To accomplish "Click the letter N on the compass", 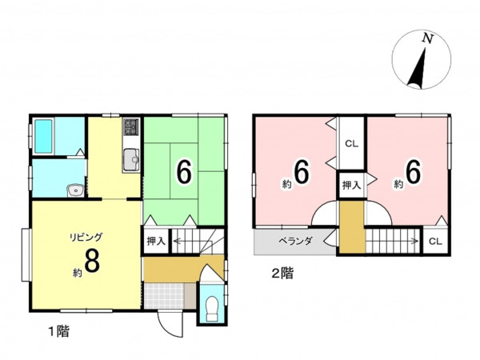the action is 428,38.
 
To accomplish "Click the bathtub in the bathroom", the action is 43,136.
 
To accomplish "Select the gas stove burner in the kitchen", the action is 132,127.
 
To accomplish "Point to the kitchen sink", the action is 132,159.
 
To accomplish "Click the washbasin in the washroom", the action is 75,191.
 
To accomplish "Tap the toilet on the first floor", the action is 212,308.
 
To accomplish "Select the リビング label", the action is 86,237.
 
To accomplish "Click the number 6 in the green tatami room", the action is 185,172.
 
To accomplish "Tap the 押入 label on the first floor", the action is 157,242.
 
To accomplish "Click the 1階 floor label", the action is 59,331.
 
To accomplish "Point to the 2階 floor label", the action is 282,274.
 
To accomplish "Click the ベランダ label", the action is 295,242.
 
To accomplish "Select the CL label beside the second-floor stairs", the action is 435,242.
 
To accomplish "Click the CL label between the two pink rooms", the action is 352,144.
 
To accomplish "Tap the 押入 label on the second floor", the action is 352,186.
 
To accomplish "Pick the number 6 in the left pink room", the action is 302,172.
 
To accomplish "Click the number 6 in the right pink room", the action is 414,172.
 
